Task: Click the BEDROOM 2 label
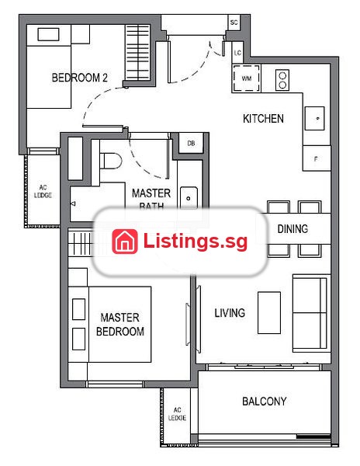coord(80,78)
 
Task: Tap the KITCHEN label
coord(263,119)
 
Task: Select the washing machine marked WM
coord(246,78)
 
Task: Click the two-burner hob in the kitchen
coord(282,80)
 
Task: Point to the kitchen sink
coord(314,118)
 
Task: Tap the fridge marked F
coord(316,159)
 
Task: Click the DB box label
coord(191,143)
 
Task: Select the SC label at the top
coord(234,23)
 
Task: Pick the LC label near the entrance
coord(237,53)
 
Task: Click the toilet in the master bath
coord(111,161)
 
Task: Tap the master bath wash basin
coord(189,197)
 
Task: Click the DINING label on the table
coord(292,229)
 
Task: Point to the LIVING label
coord(230,313)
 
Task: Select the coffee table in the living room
coord(269,313)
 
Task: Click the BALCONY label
coord(264,402)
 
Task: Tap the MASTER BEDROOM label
coord(120,324)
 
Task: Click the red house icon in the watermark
coord(125,242)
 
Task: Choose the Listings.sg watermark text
coord(196,242)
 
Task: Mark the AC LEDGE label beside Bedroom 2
coord(43,191)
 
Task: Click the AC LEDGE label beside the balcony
coord(177,414)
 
